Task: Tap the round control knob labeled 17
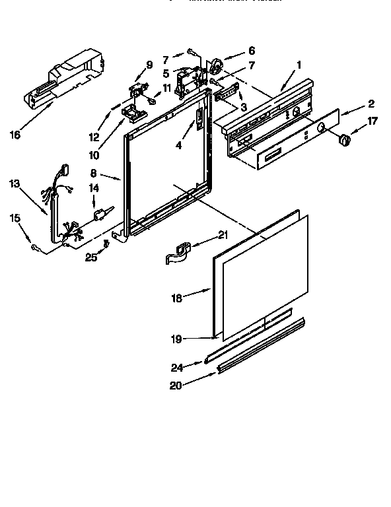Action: [344, 140]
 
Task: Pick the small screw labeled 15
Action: [34, 246]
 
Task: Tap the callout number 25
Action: [90, 257]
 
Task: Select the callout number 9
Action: [149, 65]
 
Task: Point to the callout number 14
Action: [94, 187]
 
